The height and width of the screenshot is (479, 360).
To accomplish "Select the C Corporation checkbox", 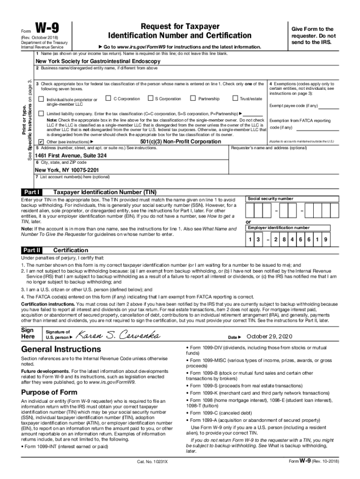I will [x=108, y=98].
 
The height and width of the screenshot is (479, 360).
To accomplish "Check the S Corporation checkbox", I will [x=150, y=98].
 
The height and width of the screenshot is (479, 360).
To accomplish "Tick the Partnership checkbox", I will [x=193, y=98].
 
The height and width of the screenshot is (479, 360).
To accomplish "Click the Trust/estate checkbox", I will [x=235, y=98].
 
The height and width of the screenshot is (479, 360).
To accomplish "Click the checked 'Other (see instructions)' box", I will [x=41, y=141].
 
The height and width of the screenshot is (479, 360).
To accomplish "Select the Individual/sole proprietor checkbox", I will [x=41, y=99].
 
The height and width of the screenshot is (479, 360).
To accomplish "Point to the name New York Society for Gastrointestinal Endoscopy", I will [x=98, y=61].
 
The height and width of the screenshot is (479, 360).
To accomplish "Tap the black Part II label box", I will [x=32, y=250].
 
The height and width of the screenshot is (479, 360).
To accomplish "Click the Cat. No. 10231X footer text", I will [x=152, y=462].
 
